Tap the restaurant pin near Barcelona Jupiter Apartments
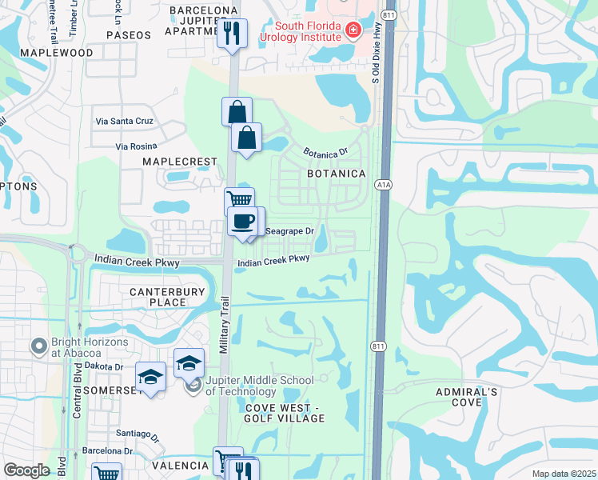[x=233, y=34]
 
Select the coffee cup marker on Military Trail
[x=242, y=222]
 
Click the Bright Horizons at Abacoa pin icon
[x=37, y=346]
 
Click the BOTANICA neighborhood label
[x=337, y=174]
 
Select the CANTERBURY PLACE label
[x=168, y=297]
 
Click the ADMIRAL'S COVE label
[x=467, y=397]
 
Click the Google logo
[x=26, y=470]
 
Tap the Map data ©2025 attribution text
[x=564, y=474]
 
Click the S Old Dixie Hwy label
[x=374, y=58]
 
